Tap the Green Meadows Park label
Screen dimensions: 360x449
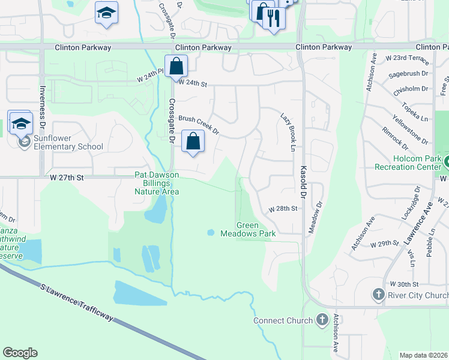[247, 229]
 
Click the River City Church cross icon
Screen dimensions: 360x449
[379, 295]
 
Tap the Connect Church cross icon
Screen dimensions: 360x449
[322, 320]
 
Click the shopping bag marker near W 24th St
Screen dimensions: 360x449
[176, 65]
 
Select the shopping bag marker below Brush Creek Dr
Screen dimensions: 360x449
[193, 142]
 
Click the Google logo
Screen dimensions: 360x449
[20, 353]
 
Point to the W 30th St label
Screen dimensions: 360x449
[403, 284]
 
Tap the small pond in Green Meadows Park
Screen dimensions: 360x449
[211, 232]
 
